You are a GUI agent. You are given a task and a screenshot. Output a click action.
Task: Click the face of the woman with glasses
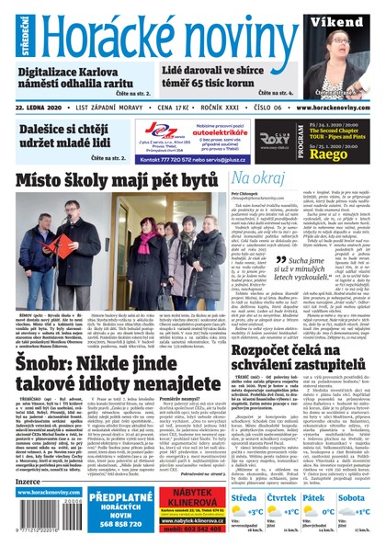click(340, 47)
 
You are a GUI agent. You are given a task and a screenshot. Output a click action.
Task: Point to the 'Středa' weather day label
click(245, 496)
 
